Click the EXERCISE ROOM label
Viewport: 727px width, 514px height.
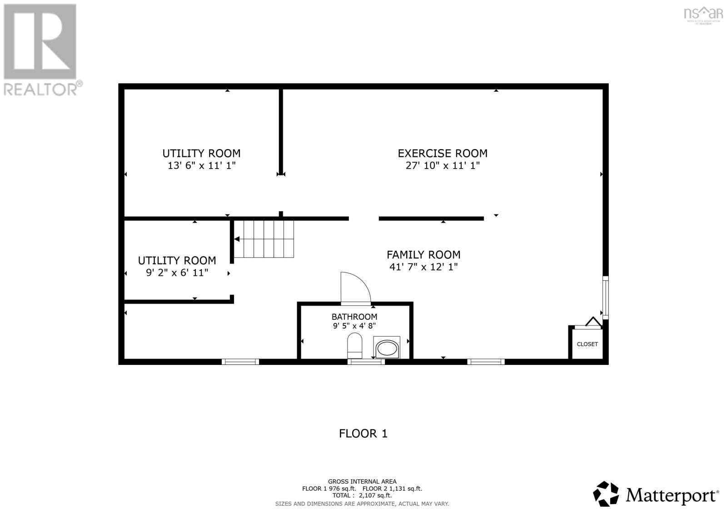[x=443, y=153]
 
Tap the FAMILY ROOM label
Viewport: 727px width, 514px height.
[x=423, y=255]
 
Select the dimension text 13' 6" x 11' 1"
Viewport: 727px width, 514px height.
[x=201, y=166]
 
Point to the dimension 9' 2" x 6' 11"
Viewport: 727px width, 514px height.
[x=177, y=273]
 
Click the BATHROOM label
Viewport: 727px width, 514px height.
[x=354, y=317]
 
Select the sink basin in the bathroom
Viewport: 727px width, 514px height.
[x=387, y=349]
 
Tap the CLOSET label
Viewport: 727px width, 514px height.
[x=587, y=344]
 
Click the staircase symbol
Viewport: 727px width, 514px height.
[x=268, y=239]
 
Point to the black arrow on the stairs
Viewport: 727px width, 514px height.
[x=237, y=239]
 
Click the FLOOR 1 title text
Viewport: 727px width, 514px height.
[x=363, y=433]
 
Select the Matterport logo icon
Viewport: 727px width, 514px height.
[x=606, y=494]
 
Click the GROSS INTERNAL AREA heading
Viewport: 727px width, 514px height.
[x=362, y=481]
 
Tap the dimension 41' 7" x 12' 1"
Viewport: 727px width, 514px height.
[x=423, y=267]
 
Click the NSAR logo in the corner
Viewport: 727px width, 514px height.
[x=703, y=14]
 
